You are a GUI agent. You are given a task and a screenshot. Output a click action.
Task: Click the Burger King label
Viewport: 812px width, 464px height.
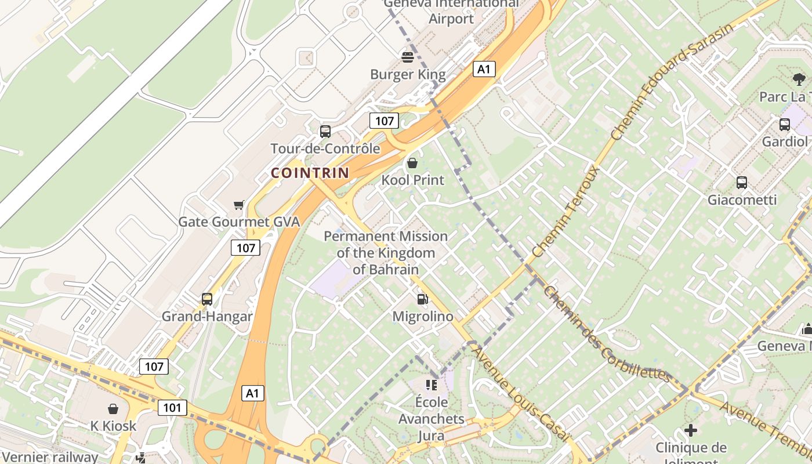click(x=408, y=74)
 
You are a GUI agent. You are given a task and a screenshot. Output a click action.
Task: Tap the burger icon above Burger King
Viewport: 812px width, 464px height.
click(x=408, y=57)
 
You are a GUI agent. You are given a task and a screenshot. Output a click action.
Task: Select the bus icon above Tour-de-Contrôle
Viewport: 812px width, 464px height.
click(x=325, y=132)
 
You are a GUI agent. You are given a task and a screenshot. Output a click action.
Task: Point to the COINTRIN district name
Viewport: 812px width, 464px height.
click(x=310, y=173)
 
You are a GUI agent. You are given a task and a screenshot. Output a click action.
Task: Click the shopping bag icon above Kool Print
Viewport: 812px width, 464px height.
click(x=412, y=163)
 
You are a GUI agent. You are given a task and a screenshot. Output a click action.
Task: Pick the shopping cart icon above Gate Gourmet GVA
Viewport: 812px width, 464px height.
click(x=238, y=205)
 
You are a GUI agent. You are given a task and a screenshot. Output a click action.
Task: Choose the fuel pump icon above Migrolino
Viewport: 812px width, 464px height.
click(x=423, y=299)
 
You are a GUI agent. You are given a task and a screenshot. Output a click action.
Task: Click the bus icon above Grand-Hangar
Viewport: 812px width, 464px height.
click(x=207, y=299)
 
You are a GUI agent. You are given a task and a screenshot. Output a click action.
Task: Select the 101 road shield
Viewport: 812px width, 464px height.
click(x=172, y=408)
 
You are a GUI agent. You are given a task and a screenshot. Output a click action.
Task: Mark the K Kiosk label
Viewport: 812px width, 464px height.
click(x=113, y=426)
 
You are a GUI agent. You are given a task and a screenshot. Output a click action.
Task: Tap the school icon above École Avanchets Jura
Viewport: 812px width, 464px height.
click(x=432, y=385)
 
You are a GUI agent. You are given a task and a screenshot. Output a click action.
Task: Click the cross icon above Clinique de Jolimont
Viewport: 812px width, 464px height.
click(x=690, y=430)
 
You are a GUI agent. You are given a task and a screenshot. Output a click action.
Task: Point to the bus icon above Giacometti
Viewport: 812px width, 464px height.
click(x=742, y=183)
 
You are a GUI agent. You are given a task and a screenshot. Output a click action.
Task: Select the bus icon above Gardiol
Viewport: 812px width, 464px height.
click(x=785, y=124)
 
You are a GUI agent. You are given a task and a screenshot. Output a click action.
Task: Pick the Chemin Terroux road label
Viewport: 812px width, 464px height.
click(x=565, y=212)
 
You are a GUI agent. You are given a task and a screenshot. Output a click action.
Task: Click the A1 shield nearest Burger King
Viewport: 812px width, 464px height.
click(x=484, y=70)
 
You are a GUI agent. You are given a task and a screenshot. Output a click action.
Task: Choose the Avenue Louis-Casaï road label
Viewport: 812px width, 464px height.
click(x=519, y=391)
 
